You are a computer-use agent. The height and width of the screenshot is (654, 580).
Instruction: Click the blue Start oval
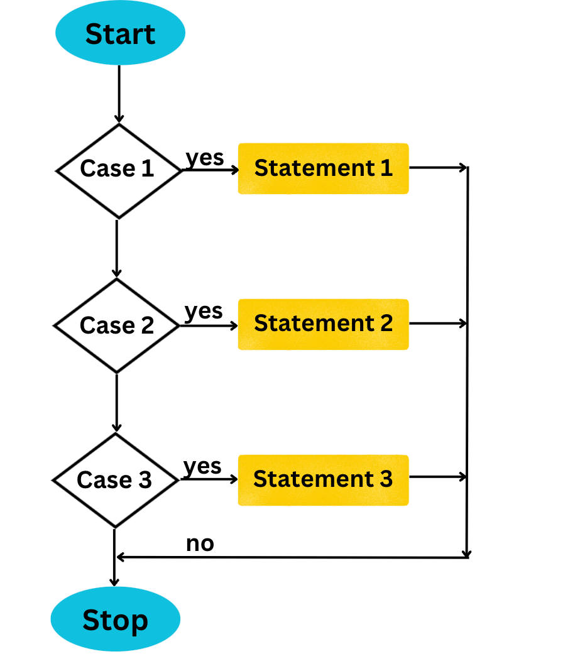[120, 34]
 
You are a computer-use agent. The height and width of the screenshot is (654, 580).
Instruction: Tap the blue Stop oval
[115, 619]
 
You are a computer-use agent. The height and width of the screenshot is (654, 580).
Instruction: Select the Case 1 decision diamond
[118, 170]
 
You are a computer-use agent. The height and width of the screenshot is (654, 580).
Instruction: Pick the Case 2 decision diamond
[117, 325]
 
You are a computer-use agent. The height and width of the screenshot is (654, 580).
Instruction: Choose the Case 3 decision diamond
[115, 481]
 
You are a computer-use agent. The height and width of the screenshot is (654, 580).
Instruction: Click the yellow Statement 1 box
[323, 168]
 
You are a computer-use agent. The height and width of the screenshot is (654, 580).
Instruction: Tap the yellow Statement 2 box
[323, 324]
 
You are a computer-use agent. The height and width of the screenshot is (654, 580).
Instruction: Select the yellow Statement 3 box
[323, 480]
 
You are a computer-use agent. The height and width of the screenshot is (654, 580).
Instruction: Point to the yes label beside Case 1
[205, 158]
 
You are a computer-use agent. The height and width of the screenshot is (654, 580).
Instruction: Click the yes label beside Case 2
[204, 311]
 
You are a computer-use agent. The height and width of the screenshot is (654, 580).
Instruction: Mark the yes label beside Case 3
[202, 466]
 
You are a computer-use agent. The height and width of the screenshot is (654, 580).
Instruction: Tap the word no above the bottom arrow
[200, 543]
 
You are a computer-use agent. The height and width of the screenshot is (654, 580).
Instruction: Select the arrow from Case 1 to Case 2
[117, 248]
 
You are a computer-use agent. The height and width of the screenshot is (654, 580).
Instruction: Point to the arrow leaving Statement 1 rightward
[438, 168]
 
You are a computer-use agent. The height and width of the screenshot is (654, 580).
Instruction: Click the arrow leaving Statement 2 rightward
[438, 324]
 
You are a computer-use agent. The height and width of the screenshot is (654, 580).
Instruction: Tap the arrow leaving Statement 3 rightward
[438, 477]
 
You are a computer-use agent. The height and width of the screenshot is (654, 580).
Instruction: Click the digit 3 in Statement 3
[386, 479]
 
